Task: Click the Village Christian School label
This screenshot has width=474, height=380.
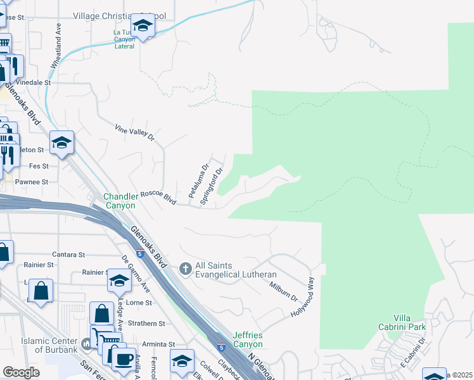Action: coord(118,15)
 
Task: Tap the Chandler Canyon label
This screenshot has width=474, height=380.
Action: coord(120,201)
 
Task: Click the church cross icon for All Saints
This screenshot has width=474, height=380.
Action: coord(186,269)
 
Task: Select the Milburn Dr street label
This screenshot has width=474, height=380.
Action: coord(283,292)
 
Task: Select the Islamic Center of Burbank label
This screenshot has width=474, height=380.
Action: coord(49,345)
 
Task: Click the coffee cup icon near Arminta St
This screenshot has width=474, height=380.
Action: coord(123,360)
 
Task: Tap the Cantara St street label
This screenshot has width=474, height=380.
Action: coord(68,255)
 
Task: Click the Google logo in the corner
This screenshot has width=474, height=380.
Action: coord(21,372)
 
